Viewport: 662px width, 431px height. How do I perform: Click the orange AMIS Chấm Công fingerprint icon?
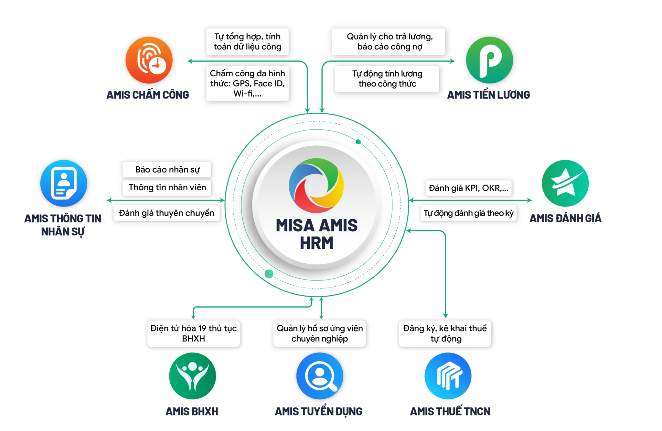(149, 60)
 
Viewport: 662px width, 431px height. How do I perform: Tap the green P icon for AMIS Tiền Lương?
(489, 60)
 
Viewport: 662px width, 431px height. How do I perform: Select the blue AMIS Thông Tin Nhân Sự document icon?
(64, 183)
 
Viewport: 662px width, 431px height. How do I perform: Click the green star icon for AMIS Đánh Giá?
(565, 183)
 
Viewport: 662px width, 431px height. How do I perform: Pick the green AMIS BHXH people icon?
(192, 376)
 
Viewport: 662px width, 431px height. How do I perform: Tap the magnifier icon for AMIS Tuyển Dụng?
(320, 376)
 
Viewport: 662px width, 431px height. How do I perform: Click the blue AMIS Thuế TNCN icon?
(448, 376)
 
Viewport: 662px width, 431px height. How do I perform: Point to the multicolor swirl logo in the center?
(316, 185)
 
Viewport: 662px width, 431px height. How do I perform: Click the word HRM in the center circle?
(316, 243)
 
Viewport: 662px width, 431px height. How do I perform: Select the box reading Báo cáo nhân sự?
(166, 170)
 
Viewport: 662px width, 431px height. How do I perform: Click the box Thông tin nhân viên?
(166, 188)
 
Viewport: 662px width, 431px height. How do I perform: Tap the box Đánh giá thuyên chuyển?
(166, 213)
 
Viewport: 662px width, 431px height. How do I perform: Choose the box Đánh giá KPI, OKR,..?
(468, 188)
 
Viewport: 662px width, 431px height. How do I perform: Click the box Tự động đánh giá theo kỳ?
(468, 213)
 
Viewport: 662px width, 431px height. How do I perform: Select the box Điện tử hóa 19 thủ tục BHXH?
(193, 333)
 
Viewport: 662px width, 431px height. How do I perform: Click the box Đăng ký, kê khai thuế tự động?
(445, 333)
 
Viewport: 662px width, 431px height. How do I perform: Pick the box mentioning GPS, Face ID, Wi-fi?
(247, 83)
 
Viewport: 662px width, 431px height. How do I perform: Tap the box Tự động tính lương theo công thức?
(387, 79)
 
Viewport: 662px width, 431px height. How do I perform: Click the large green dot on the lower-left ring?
(269, 274)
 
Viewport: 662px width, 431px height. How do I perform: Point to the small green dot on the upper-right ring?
(358, 142)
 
